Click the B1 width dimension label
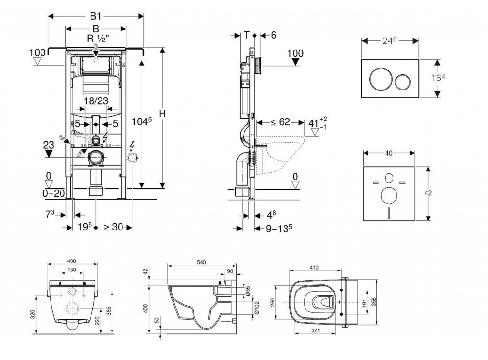point(96,16)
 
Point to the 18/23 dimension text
point(95,101)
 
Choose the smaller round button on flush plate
point(402,79)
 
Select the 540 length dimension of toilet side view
point(201,263)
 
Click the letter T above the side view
point(246,34)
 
